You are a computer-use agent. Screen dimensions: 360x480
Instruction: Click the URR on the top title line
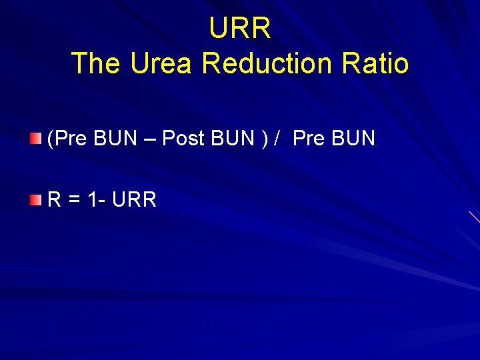tap(240, 29)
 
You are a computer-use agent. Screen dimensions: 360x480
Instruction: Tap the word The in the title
tap(96, 63)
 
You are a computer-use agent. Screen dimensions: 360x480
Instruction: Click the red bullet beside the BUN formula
tap(35, 139)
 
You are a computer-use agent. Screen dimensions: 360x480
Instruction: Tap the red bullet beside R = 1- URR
tap(35, 199)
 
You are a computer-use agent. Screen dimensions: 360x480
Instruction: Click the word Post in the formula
tap(184, 139)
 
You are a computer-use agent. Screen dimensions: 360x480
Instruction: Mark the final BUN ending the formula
tap(353, 139)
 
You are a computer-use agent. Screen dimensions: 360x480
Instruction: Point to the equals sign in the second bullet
tap(73, 199)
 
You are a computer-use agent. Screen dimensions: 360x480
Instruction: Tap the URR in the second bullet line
tap(135, 199)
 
